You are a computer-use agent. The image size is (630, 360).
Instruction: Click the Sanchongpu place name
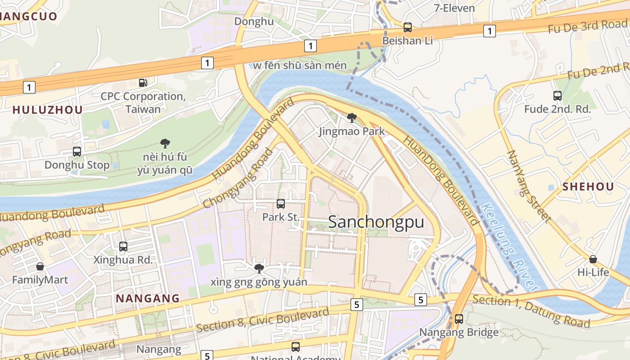tap(376, 222)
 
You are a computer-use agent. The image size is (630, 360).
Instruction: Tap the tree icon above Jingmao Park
tap(352, 118)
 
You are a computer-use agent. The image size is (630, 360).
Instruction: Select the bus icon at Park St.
tap(281, 204)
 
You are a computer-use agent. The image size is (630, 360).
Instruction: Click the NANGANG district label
tap(148, 298)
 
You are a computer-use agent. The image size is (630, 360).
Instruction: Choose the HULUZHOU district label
tap(47, 110)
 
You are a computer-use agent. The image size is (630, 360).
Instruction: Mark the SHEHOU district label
tap(588, 187)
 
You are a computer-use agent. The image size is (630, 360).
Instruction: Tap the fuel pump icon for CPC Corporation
tap(143, 83)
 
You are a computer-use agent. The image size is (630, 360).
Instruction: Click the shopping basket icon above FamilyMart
tap(40, 267)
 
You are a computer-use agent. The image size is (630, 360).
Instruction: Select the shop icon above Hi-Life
tap(593, 259)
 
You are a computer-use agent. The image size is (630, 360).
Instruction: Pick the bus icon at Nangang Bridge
tap(459, 319)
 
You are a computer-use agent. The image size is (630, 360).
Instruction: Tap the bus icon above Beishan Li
tap(407, 27)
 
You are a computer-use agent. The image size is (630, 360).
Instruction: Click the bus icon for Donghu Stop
tap(77, 152)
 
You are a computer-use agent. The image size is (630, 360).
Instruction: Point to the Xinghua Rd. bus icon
tap(123, 247)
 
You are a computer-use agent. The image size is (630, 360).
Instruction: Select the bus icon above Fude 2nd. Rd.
tap(557, 96)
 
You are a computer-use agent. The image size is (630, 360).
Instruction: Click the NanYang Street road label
tap(529, 186)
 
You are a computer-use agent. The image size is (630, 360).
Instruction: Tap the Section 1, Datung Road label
tap(531, 311)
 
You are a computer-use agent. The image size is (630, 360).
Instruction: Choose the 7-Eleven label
tap(454, 8)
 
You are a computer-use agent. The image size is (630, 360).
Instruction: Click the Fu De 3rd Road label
tap(587, 27)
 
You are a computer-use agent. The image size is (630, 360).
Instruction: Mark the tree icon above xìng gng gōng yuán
tap(259, 269)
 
